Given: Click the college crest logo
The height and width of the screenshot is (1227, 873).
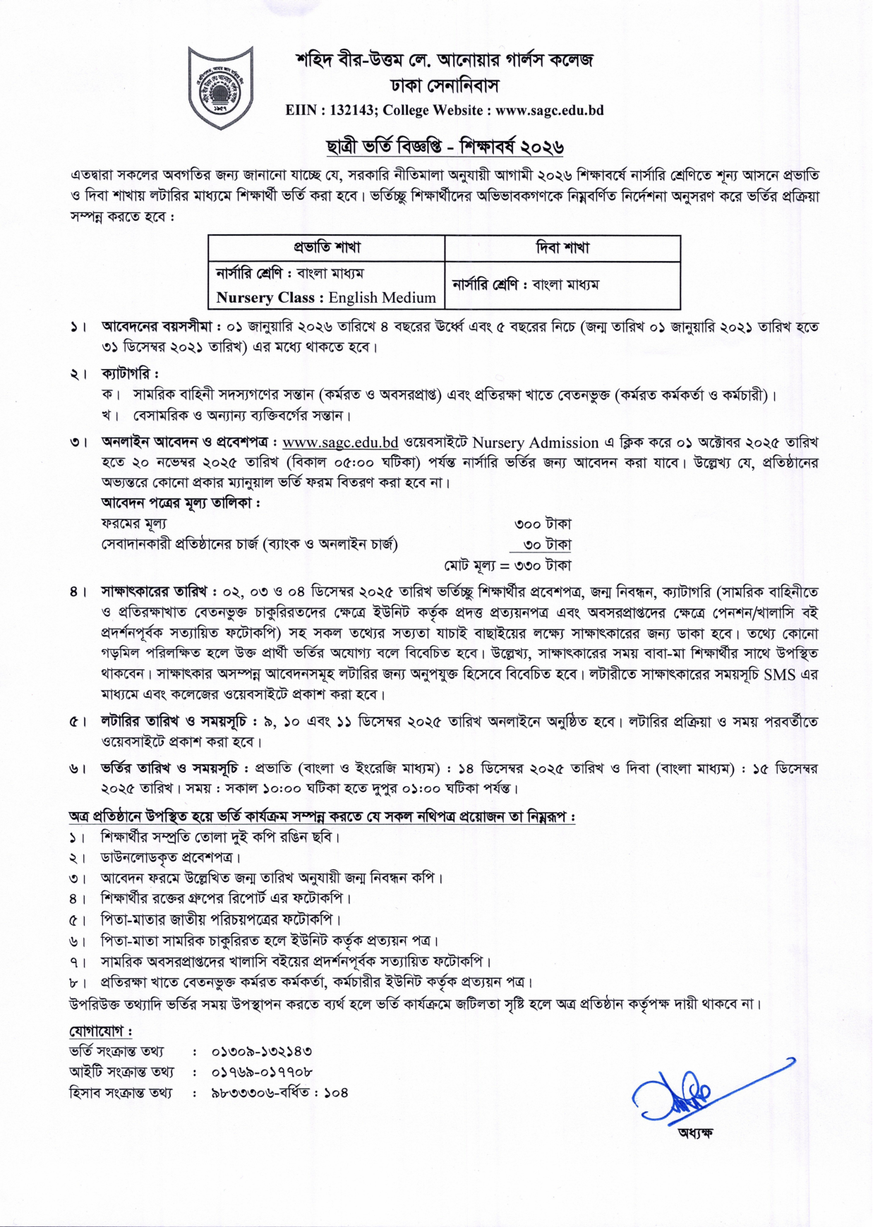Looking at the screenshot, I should (x=220, y=87).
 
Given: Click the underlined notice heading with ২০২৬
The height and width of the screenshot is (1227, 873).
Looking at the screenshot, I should (x=444, y=147).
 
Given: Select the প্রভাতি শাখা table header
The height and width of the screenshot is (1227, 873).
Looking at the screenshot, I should (x=327, y=248).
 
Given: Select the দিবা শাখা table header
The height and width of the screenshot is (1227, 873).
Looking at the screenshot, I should (x=562, y=248).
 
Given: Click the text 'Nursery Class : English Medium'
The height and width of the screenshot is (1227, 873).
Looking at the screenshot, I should (x=326, y=297).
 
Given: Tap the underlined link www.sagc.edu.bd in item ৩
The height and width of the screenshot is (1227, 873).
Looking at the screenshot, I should (x=340, y=442).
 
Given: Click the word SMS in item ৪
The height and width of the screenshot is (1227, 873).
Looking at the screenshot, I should (x=779, y=674).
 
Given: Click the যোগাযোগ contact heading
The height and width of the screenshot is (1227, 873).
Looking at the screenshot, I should (x=100, y=1031).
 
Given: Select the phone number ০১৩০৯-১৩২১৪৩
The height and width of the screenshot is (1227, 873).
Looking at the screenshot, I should (x=262, y=1051).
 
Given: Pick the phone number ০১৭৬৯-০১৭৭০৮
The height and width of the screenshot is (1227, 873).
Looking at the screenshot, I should (x=262, y=1072).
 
